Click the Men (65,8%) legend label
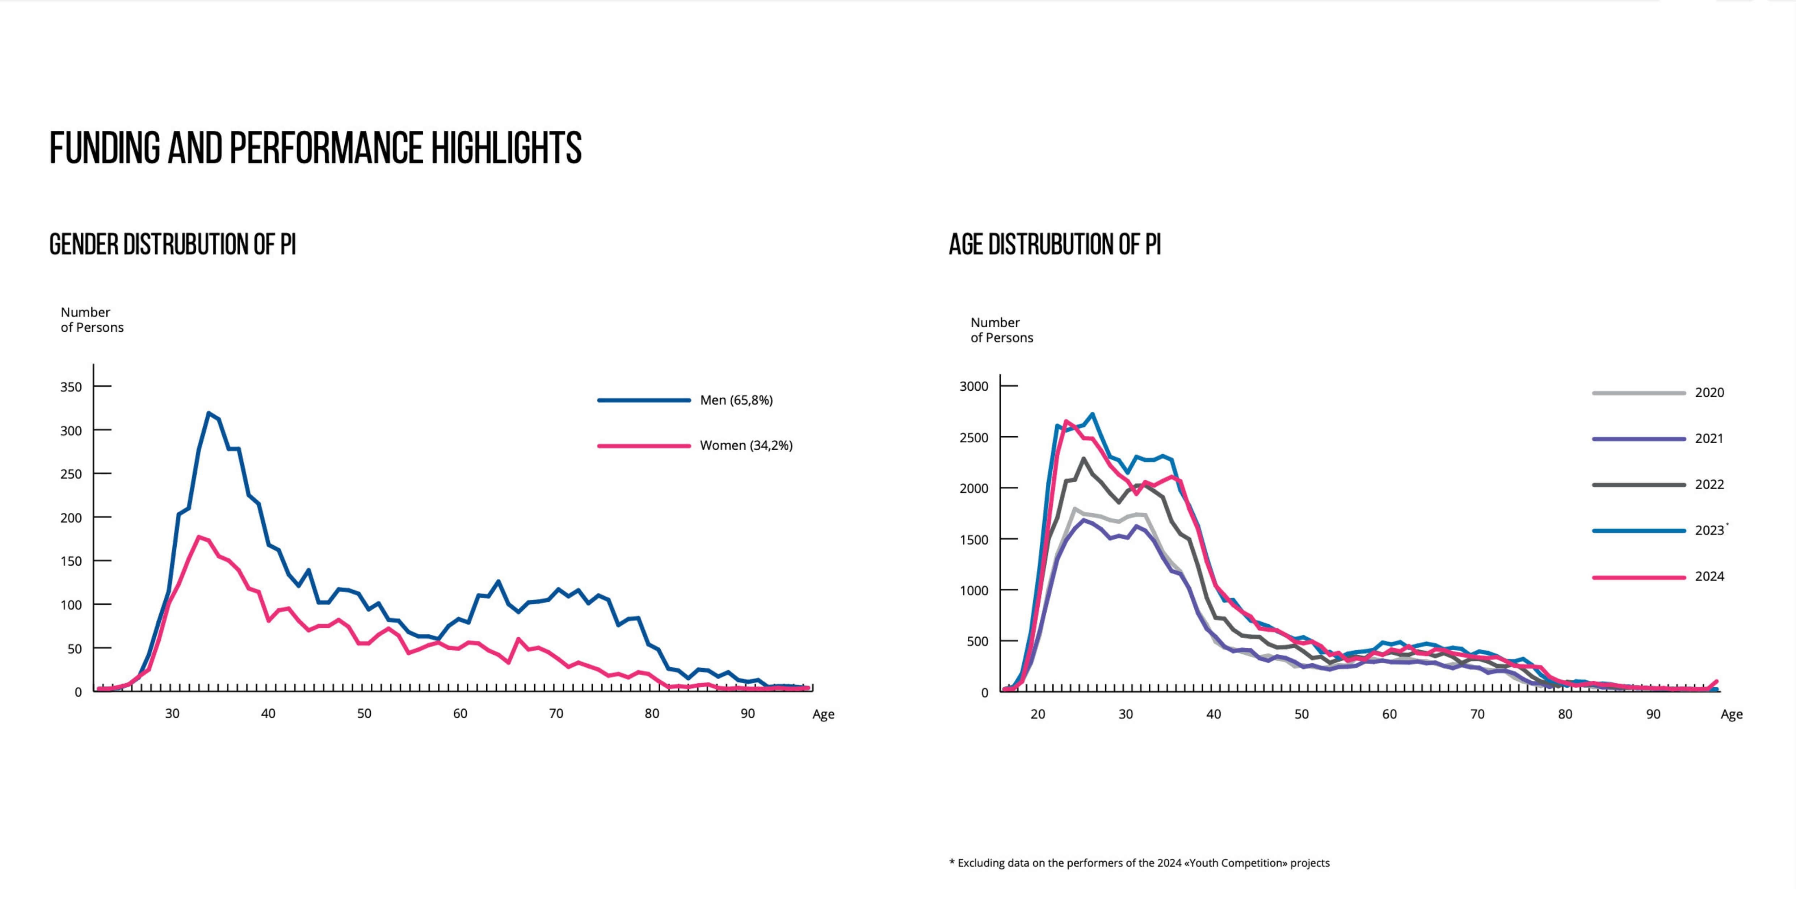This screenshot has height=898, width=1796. point(736,400)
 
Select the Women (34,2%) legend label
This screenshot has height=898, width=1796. point(746,445)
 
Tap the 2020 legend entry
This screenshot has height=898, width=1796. point(1709,393)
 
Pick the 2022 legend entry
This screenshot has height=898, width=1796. point(1709,484)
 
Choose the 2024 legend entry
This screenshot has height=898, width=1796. point(1709,576)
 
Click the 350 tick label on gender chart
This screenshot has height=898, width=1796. point(71,387)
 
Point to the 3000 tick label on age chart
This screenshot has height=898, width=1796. point(974,386)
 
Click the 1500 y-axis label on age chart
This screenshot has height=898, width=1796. point(974,540)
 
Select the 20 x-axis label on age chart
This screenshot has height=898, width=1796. point(1038,714)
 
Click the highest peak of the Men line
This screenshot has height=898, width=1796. point(209,414)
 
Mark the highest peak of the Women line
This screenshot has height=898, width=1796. point(199,537)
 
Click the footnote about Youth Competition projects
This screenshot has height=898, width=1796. point(1139,863)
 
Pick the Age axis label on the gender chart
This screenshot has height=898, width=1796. point(823,715)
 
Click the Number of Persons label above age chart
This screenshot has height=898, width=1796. point(1001,330)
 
